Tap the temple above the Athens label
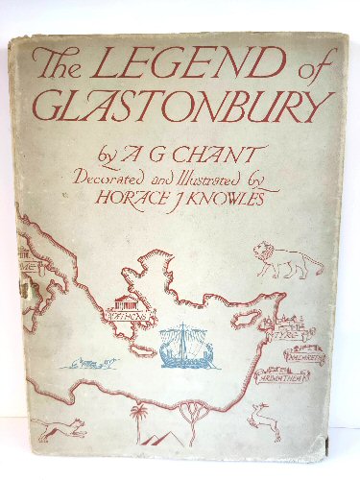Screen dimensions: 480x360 [132, 304]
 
